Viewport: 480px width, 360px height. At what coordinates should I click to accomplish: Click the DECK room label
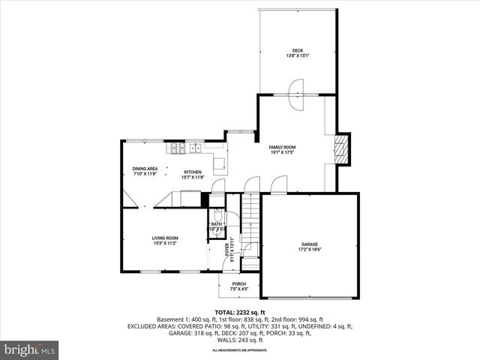pyautogui.click(x=298, y=50)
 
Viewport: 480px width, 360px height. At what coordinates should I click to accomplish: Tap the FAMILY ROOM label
pyautogui.click(x=283, y=147)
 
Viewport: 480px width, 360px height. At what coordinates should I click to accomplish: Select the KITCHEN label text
pyautogui.click(x=193, y=172)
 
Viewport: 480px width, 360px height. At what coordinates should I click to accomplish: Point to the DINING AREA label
pyautogui.click(x=144, y=169)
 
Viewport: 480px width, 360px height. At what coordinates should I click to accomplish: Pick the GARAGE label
pyautogui.click(x=310, y=244)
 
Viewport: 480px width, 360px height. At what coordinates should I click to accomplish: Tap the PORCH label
pyautogui.click(x=238, y=283)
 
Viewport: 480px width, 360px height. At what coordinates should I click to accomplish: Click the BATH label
pyautogui.click(x=216, y=224)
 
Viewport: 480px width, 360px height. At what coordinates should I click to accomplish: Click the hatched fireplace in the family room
pyautogui.click(x=342, y=148)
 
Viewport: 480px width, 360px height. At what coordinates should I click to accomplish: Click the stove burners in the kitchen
pyautogui.click(x=179, y=148)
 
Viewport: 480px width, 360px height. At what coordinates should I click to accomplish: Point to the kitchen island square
pyautogui.click(x=220, y=164)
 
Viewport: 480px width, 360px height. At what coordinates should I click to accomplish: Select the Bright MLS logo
pyautogui.click(x=30, y=349)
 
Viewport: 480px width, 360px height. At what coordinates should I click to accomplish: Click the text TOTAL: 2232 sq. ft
pyautogui.click(x=239, y=312)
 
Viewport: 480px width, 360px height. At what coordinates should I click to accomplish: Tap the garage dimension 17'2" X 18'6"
pyautogui.click(x=310, y=250)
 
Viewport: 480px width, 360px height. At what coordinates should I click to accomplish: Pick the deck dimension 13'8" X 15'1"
pyautogui.click(x=298, y=55)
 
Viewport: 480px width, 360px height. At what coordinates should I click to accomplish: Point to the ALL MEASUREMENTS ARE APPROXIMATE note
pyautogui.click(x=239, y=350)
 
